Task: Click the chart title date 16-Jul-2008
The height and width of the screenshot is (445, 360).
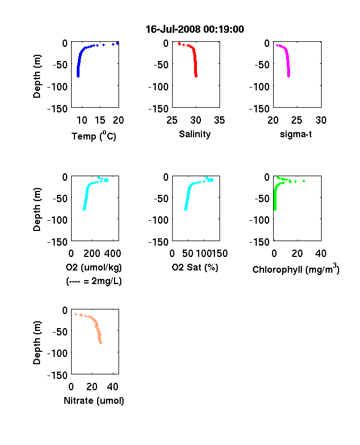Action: click(173, 29)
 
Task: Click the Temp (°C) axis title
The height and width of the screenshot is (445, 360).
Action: click(94, 136)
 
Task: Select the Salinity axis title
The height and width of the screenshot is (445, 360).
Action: click(195, 134)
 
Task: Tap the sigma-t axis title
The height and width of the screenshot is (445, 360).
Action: click(296, 134)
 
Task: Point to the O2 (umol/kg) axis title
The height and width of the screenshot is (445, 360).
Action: click(94, 267)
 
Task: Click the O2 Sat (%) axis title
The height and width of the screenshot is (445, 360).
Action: click(195, 267)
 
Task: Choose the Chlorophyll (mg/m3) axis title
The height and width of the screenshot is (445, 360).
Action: click(296, 269)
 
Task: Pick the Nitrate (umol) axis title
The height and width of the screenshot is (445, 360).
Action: click(94, 400)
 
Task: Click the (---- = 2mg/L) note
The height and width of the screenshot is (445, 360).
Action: click(94, 281)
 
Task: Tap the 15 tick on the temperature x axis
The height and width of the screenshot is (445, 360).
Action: click(100, 120)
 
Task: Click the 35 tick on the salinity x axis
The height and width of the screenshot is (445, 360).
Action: click(219, 120)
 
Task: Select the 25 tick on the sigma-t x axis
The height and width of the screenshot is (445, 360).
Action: click(297, 120)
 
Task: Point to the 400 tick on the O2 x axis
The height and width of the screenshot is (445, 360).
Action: click(112, 254)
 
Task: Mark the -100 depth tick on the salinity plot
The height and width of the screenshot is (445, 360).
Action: click(158, 86)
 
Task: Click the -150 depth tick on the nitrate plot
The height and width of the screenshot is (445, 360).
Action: click(57, 375)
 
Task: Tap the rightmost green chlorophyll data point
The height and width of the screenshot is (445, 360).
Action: click(304, 181)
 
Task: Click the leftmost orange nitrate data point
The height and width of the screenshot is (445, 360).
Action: click(76, 314)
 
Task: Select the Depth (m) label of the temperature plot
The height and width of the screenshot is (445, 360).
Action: click(37, 76)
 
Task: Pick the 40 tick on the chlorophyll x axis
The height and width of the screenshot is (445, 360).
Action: click(321, 254)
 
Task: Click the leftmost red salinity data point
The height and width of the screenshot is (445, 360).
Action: click(179, 43)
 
